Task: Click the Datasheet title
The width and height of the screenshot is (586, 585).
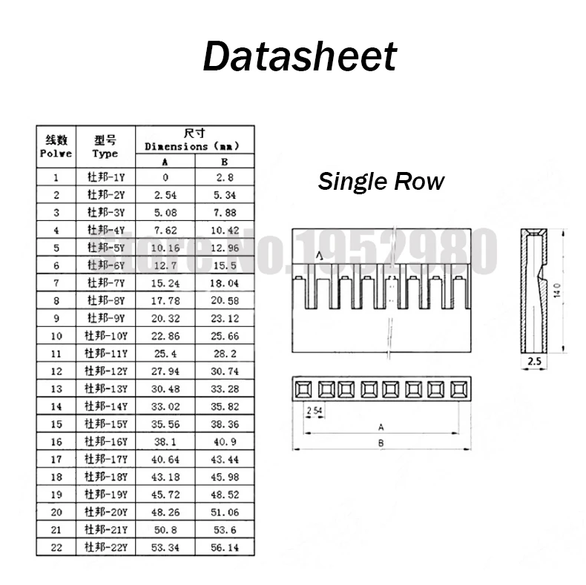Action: [300, 56]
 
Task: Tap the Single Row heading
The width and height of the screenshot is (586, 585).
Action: [381, 181]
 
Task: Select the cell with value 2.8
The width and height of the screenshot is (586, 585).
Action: [225, 177]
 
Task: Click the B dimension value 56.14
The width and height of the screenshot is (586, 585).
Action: [225, 548]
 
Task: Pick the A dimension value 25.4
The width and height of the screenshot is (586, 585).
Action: [165, 354]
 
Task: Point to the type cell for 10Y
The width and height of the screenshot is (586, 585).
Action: [106, 336]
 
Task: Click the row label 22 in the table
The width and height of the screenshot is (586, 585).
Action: [56, 548]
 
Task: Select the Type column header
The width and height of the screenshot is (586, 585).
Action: [105, 147]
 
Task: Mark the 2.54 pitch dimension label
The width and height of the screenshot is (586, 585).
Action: [315, 410]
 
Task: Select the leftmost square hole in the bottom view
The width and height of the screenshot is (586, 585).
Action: [303, 389]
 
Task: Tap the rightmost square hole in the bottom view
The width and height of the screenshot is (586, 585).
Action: [456, 389]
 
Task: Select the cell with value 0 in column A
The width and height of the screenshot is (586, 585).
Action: [165, 177]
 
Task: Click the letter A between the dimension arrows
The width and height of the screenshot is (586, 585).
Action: [381, 427]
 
